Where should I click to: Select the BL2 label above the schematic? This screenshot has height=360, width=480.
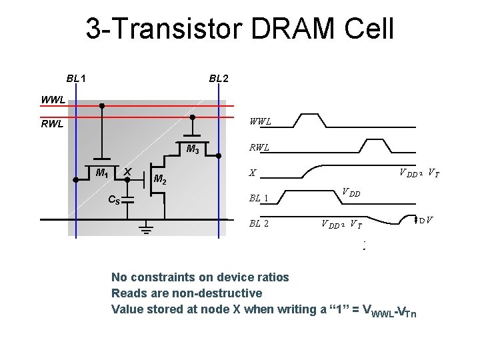(219, 79)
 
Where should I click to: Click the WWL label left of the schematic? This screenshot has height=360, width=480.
(53, 100)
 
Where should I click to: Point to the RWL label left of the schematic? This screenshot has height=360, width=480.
(51, 123)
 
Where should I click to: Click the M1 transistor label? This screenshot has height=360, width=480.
(102, 173)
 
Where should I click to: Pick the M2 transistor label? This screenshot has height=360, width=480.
(160, 179)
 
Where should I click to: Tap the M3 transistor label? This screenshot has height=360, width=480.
(194, 149)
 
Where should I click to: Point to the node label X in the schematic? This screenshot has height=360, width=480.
(127, 173)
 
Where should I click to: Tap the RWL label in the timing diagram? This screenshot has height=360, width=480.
(259, 148)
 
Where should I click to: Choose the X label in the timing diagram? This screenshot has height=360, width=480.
(253, 173)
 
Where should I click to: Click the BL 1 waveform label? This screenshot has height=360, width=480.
(258, 198)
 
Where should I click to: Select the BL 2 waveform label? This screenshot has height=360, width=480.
(258, 223)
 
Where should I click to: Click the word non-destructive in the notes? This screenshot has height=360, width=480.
(218, 293)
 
